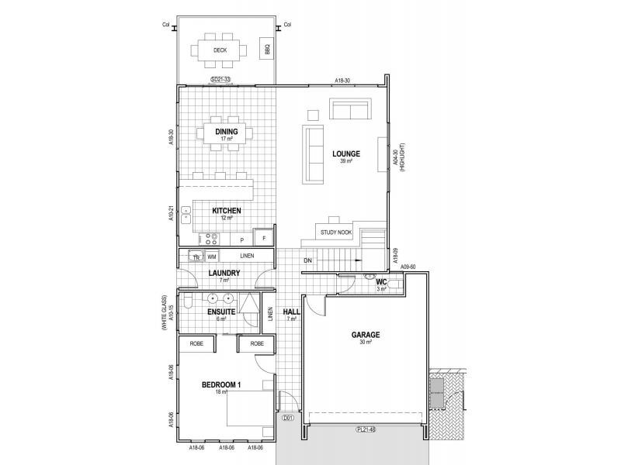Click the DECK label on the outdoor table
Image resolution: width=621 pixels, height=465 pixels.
click(x=220, y=50)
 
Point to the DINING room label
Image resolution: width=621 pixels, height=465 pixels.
click(x=227, y=132)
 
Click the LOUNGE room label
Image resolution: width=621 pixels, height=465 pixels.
click(x=346, y=153)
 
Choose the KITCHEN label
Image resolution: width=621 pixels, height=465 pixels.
click(x=227, y=211)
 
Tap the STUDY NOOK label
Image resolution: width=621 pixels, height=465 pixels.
click(x=335, y=232)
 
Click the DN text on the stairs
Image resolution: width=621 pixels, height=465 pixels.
click(x=308, y=260)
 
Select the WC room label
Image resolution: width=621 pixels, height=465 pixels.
click(x=381, y=282)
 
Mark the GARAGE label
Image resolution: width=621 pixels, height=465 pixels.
click(x=365, y=336)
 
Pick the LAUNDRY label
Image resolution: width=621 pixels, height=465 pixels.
click(x=224, y=273)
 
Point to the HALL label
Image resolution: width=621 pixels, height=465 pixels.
click(x=291, y=312)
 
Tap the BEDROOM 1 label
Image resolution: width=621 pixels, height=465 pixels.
click(x=222, y=385)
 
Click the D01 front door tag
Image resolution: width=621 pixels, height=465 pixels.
click(x=286, y=419)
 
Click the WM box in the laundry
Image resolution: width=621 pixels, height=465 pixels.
click(x=211, y=255)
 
